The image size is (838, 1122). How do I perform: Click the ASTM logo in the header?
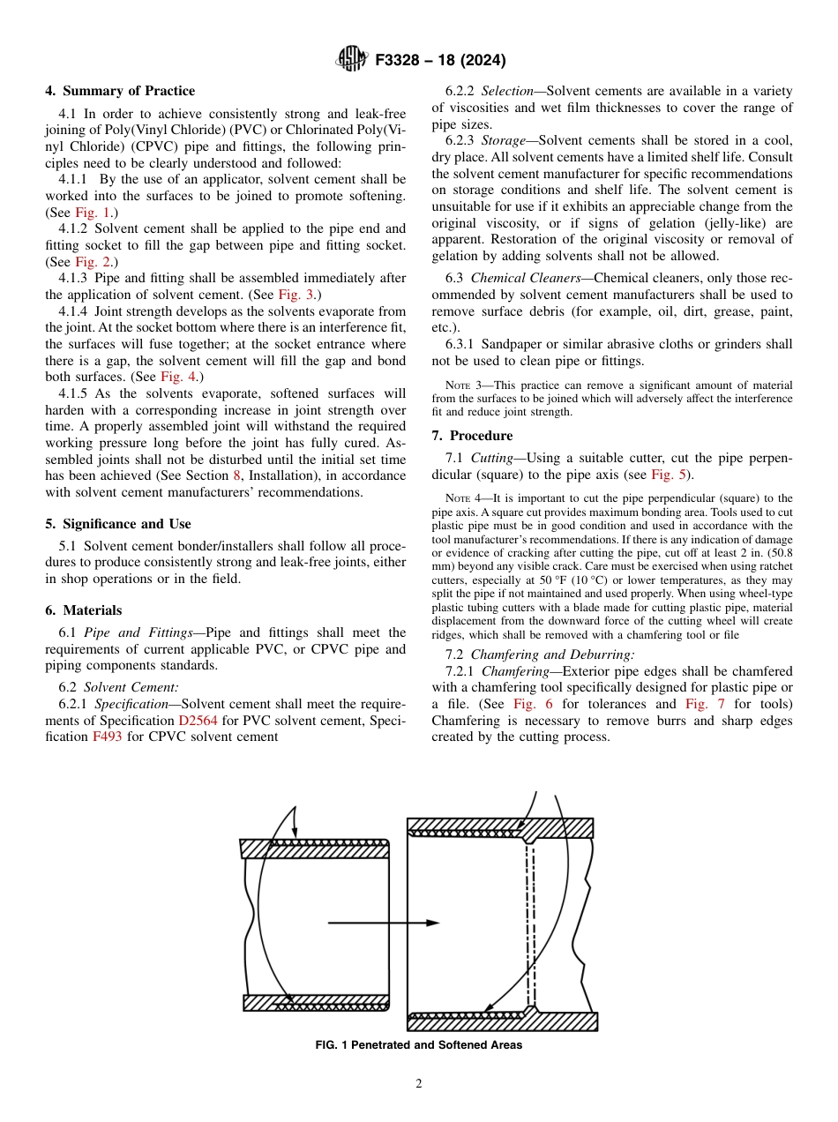353,60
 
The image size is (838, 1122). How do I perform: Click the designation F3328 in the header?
402,61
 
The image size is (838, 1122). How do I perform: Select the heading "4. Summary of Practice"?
120,91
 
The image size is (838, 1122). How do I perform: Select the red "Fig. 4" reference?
176,377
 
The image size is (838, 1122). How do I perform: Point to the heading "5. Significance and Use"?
118,524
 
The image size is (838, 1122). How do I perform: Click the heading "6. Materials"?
84,610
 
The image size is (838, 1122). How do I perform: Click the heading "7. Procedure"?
472,436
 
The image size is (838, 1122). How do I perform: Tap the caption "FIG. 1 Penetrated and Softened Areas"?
418,1045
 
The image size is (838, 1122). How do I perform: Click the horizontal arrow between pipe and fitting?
383,923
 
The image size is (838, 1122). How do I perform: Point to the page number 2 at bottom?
419,1084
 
